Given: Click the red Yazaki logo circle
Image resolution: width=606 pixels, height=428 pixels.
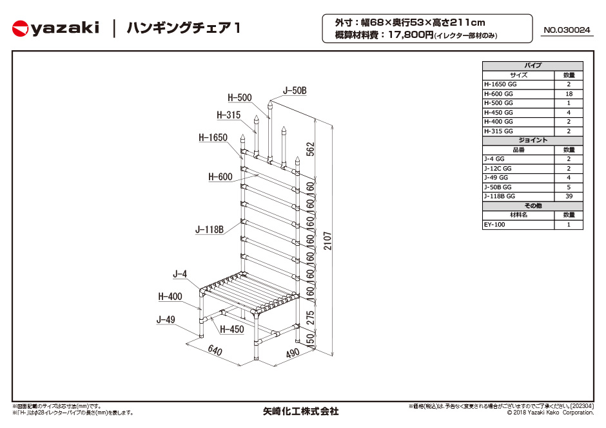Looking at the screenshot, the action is tap(20, 28).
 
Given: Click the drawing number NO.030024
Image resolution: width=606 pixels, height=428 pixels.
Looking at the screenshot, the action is tap(567, 30).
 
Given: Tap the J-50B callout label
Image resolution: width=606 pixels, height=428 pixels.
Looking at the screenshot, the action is tap(295, 91).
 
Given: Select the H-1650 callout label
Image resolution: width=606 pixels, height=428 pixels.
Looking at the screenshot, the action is tap(213, 137).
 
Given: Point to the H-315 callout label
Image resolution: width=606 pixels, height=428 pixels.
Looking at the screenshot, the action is tap(228, 115).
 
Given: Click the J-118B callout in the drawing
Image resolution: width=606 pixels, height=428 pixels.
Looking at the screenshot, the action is tap(210, 230).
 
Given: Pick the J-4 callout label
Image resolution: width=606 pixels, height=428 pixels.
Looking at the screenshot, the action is tap(180, 274).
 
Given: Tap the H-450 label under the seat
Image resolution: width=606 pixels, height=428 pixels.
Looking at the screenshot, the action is tap(232, 329).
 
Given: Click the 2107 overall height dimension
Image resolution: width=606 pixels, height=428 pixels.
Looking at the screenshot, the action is tap(327, 241).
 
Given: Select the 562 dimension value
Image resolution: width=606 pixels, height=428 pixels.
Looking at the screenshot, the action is tap(310, 149).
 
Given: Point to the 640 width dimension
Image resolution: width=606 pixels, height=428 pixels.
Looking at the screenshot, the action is tap(215, 350).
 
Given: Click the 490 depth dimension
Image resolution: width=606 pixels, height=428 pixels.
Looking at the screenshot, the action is tap(293, 353).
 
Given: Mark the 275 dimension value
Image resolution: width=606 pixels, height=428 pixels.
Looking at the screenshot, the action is tap(310, 318).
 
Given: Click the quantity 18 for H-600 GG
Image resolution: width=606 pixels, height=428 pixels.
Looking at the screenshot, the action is tap(569, 94).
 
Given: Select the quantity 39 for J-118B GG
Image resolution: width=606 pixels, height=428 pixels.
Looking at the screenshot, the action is tap(569, 196).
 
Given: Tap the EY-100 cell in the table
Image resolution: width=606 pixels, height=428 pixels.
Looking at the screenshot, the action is tap(494, 224).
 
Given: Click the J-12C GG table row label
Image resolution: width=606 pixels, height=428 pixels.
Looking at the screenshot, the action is tap(498, 168).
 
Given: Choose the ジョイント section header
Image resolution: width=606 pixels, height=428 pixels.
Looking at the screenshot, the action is tap(533, 140).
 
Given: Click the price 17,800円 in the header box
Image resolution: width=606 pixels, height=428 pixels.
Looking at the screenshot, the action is tap(411, 35).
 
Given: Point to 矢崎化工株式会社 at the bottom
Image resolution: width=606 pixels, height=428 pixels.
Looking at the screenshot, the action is tap(300, 411).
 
